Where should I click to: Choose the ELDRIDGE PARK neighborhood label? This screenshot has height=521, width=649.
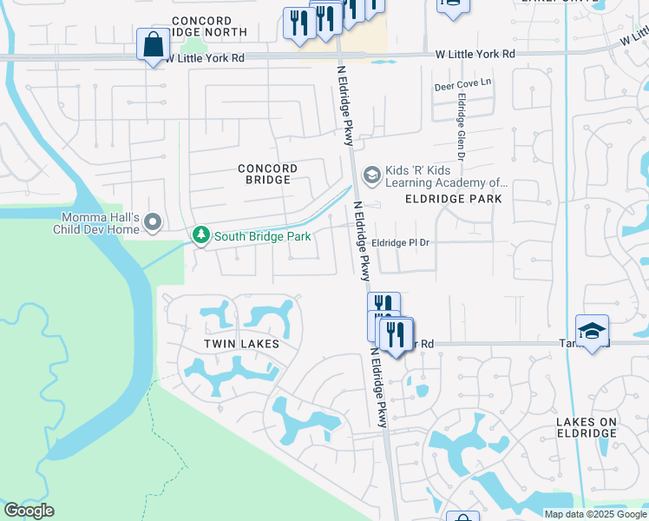tap(453, 199)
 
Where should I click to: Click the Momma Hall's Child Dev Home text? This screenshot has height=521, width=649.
tap(100, 223)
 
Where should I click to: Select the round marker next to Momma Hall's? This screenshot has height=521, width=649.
tap(154, 223)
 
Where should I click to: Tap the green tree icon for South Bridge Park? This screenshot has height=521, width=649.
tap(200, 235)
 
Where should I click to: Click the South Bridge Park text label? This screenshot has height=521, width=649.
tap(257, 235)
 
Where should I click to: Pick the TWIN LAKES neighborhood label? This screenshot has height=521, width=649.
tap(241, 344)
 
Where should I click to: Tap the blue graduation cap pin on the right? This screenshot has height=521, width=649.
tap(592, 332)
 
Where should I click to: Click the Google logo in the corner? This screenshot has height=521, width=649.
tap(29, 511)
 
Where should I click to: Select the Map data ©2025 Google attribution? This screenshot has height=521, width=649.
tap(595, 514)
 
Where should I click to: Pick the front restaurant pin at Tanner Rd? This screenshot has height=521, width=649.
tap(396, 334)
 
